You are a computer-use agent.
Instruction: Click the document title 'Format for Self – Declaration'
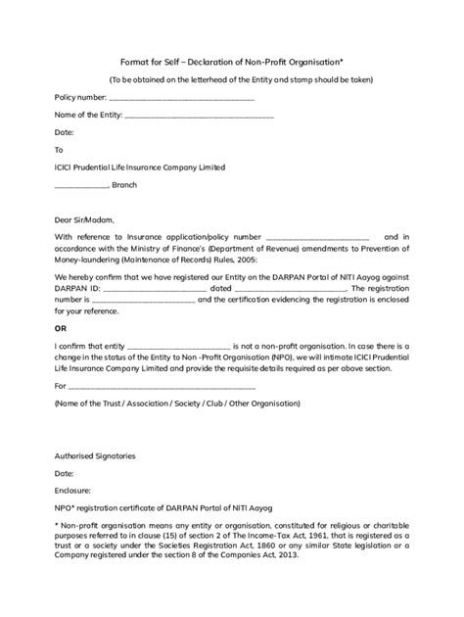pos(230,59)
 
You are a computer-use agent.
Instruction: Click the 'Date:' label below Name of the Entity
pos(64,132)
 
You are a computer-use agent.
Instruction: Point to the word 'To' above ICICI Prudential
pos(59,150)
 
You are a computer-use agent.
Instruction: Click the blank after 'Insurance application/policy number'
pos(317,238)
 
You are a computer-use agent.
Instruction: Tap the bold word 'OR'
pos(61,328)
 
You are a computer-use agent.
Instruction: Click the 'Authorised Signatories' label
pos(95,455)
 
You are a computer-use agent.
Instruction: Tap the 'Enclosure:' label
pos(73,490)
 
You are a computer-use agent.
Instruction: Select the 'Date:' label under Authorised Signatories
pos(64,473)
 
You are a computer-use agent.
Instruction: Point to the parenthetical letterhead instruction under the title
pos(231,79)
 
